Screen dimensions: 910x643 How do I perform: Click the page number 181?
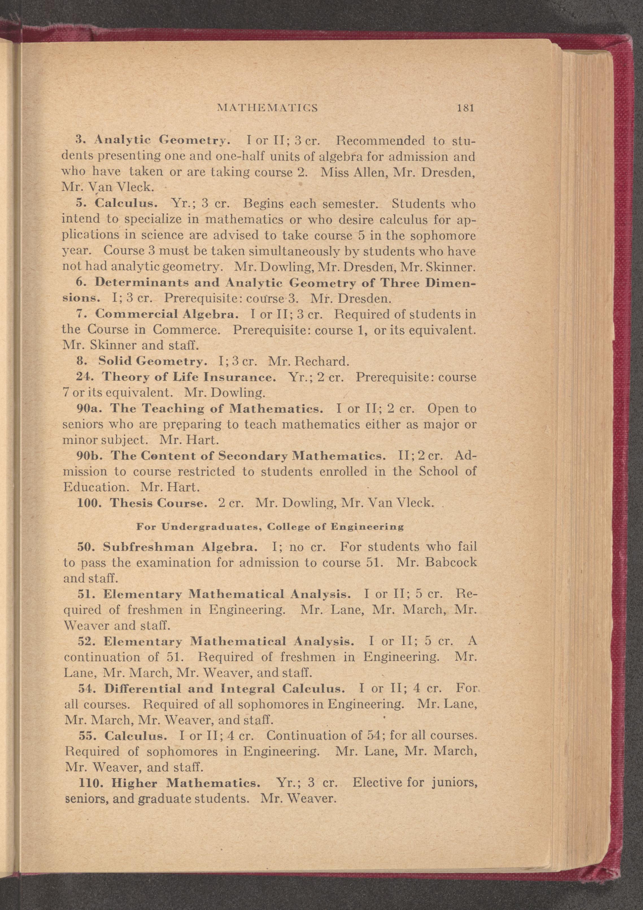[465, 108]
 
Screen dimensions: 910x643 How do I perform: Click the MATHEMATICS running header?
[268, 108]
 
